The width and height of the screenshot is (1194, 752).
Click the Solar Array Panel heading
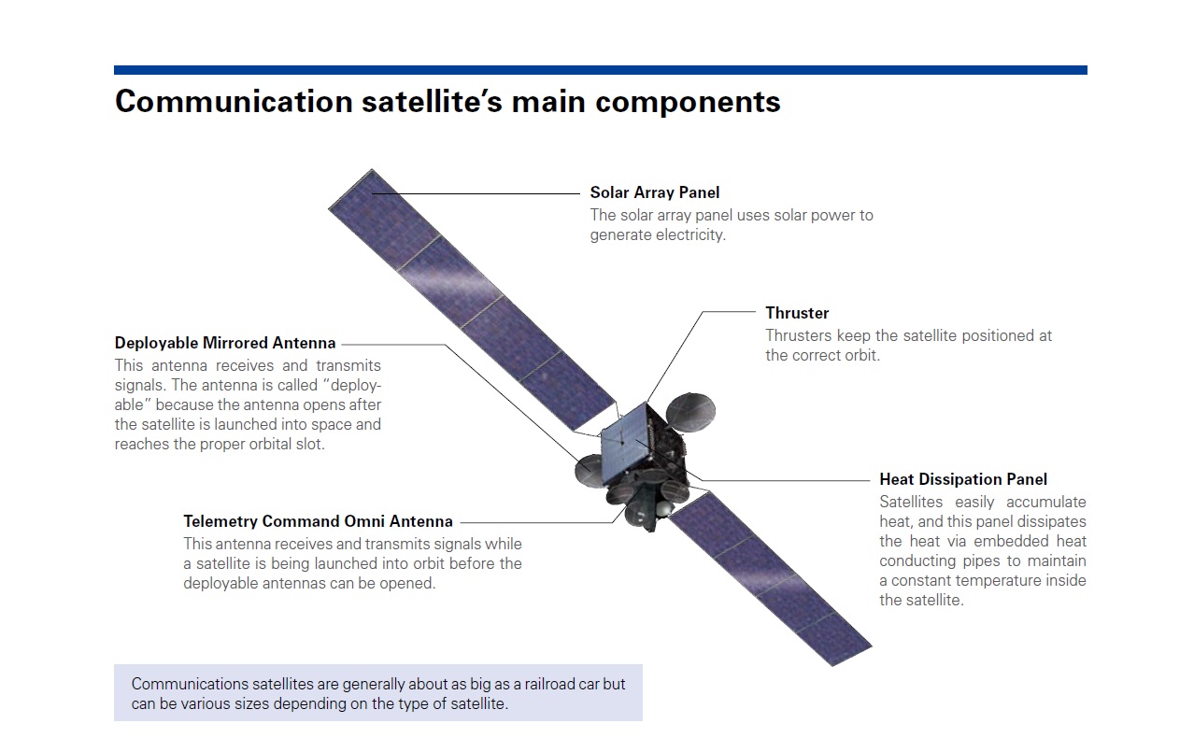pyautogui.click(x=655, y=192)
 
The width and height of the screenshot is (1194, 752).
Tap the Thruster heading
pyautogui.click(x=797, y=313)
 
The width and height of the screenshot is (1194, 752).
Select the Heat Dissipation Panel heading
pyautogui.click(x=963, y=479)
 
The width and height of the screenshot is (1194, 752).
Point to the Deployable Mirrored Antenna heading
pyautogui.click(x=225, y=343)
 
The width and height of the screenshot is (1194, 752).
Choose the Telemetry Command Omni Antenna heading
pyautogui.click(x=319, y=521)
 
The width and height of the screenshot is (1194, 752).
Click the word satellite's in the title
pyautogui.click(x=432, y=101)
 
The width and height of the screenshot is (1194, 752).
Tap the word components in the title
pyautogui.click(x=688, y=103)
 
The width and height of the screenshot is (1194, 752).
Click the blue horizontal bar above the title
pyautogui.click(x=601, y=70)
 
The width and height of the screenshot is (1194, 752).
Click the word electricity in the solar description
pyautogui.click(x=689, y=235)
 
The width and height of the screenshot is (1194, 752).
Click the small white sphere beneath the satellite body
pyautogui.click(x=663, y=509)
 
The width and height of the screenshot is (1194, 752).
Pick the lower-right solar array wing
pyautogui.click(x=771, y=578)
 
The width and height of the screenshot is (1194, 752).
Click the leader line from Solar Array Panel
pyautogui.click(x=476, y=194)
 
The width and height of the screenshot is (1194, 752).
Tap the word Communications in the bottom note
pyautogui.click(x=190, y=685)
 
